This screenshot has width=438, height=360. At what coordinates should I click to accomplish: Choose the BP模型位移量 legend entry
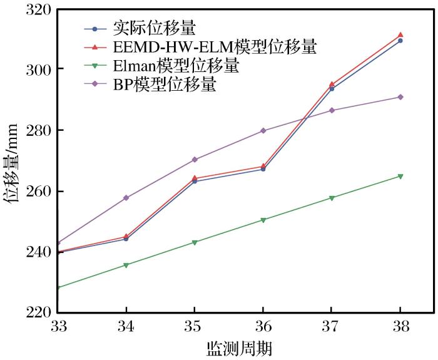165,85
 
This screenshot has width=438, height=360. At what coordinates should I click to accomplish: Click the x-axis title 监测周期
239,348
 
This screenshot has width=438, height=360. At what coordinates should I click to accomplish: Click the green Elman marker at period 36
263,220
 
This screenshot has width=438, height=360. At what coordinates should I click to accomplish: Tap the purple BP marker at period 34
126,198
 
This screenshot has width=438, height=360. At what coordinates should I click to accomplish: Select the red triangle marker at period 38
400,35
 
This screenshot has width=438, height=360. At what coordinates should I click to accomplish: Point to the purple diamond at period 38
400,97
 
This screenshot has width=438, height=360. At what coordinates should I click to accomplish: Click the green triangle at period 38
400,176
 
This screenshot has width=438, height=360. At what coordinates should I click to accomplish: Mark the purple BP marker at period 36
263,131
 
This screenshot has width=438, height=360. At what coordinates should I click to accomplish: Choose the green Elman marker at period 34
126,265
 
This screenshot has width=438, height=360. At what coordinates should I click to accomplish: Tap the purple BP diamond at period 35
195,160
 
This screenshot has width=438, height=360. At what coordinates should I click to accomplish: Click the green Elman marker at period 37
332,198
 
